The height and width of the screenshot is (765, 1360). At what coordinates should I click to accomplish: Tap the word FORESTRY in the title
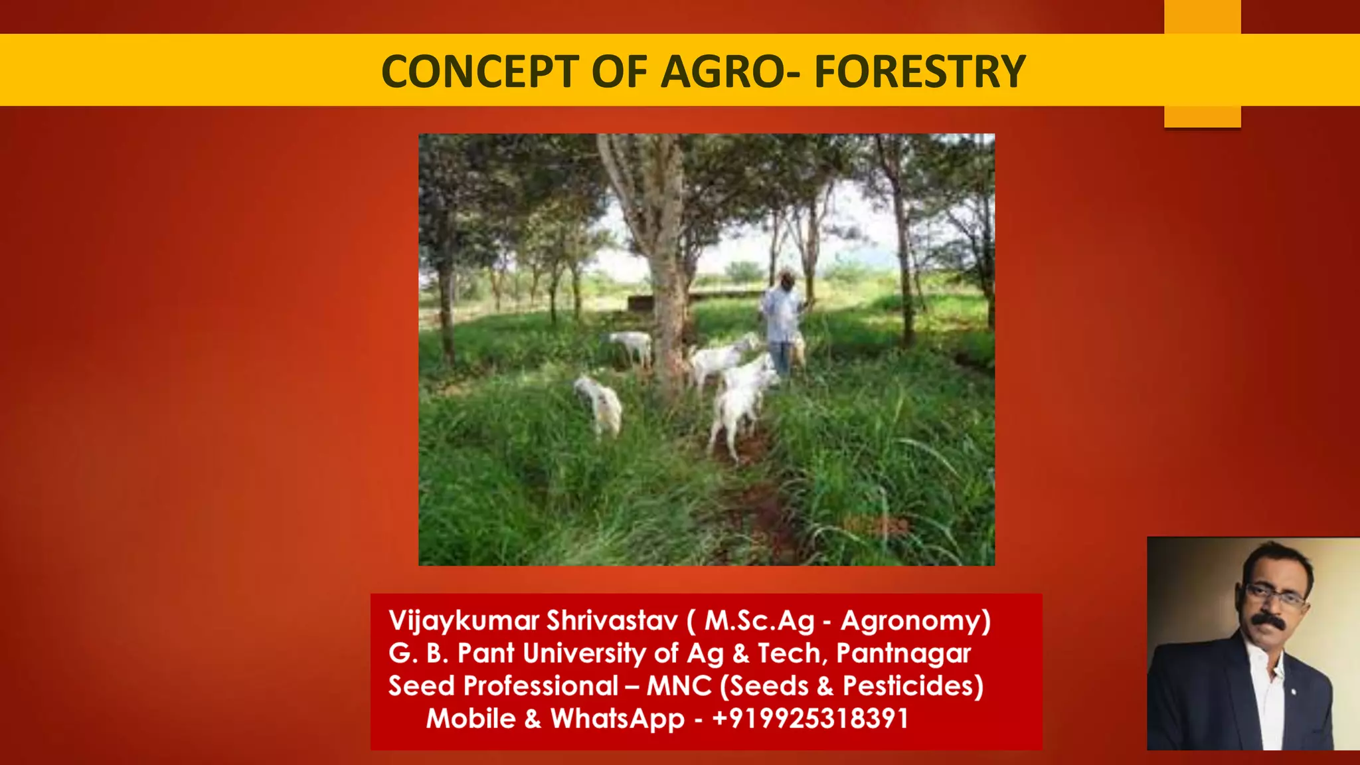coord(920,72)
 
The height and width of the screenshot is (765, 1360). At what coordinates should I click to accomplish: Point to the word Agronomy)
coord(916,621)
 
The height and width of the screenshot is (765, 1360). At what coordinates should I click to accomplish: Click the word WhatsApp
coord(617,719)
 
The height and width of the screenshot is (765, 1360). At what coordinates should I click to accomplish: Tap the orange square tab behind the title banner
coord(1202,116)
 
